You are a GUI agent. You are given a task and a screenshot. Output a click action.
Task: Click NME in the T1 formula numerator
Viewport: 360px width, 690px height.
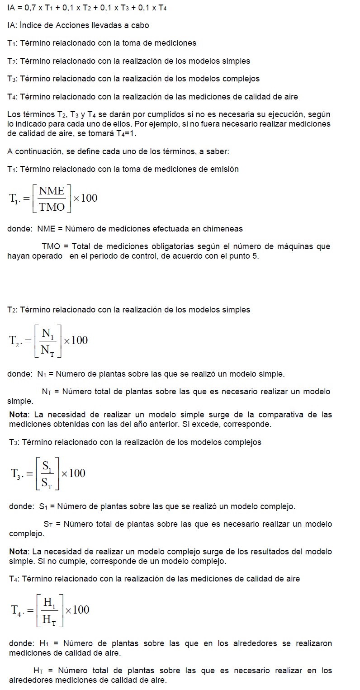[x=52, y=190]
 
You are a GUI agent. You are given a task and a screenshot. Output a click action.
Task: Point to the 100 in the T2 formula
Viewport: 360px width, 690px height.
[x=80, y=340]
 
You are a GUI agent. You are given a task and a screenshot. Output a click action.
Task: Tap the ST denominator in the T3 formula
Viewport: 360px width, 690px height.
[x=47, y=482]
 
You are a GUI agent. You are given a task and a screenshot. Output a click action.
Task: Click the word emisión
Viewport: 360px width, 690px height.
[x=224, y=169]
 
